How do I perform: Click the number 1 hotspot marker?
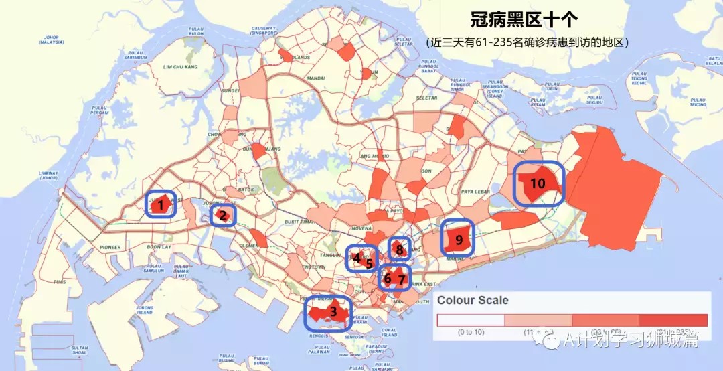point(160,205)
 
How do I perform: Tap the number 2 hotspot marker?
point(222,215)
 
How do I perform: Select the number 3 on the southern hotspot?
point(333,311)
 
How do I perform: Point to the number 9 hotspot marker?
point(459,239)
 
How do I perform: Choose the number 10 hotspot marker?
point(538,183)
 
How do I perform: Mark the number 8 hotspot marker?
point(399,250)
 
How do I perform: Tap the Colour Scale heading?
point(473,301)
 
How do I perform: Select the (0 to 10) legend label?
point(473,332)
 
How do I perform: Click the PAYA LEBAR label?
point(477,192)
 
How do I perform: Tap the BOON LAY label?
point(159,248)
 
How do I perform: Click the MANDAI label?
point(315,78)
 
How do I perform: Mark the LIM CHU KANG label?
point(181,67)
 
